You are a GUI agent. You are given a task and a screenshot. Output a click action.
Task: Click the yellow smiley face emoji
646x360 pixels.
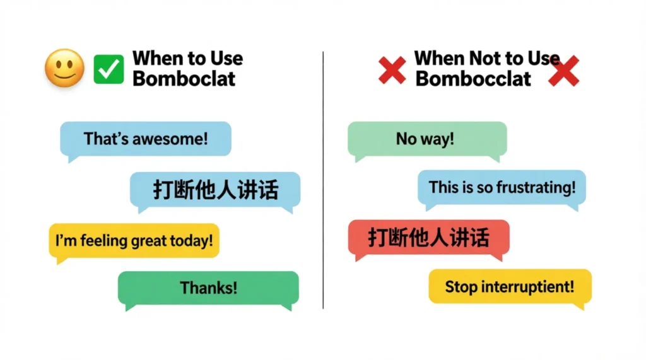point(65,68)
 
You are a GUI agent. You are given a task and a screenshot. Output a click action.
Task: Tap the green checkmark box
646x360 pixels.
point(109,69)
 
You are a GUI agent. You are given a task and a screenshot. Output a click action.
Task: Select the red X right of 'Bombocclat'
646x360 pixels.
point(563,72)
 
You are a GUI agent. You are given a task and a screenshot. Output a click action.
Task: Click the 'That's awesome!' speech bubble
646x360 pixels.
point(146,139)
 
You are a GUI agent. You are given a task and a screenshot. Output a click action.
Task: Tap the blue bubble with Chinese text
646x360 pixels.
point(215,189)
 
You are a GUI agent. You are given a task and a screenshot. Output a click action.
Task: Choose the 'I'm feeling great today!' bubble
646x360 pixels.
point(134,240)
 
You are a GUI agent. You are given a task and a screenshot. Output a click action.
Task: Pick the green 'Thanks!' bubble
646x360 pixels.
point(208,288)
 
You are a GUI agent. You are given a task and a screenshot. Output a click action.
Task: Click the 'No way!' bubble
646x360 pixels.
point(427,138)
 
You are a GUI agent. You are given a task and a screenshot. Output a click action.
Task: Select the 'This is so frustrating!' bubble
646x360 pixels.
point(502,187)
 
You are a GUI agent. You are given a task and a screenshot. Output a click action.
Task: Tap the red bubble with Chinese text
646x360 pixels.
point(429,238)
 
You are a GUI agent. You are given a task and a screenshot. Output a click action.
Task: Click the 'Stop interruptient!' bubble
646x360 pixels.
point(510,287)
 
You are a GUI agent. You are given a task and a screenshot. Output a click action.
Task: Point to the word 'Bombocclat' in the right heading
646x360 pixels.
point(473,79)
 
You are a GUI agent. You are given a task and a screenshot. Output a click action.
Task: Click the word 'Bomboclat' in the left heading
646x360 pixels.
point(184,79)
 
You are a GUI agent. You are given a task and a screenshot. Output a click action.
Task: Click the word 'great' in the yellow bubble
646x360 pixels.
point(149,240)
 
